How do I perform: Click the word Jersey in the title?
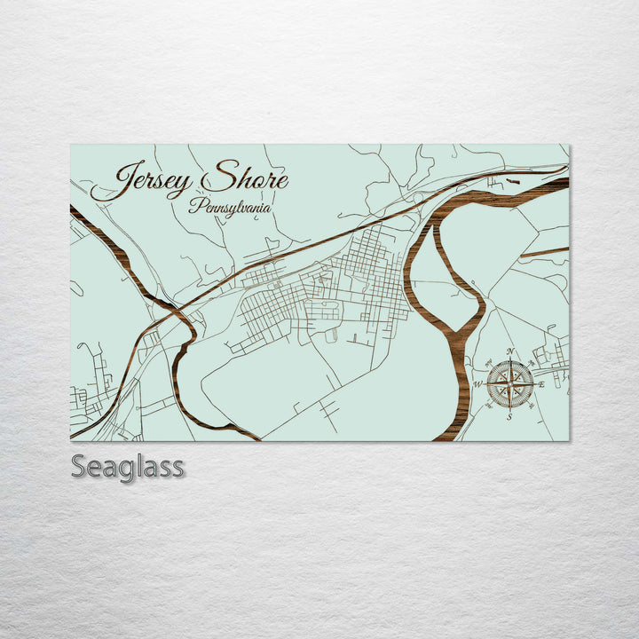[142, 181]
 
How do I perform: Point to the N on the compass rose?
[510, 353]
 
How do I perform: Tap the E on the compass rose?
[541, 384]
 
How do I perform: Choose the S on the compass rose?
[509, 416]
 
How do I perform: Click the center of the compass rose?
[510, 384]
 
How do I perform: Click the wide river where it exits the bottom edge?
[451, 436]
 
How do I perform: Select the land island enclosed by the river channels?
[444, 266]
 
